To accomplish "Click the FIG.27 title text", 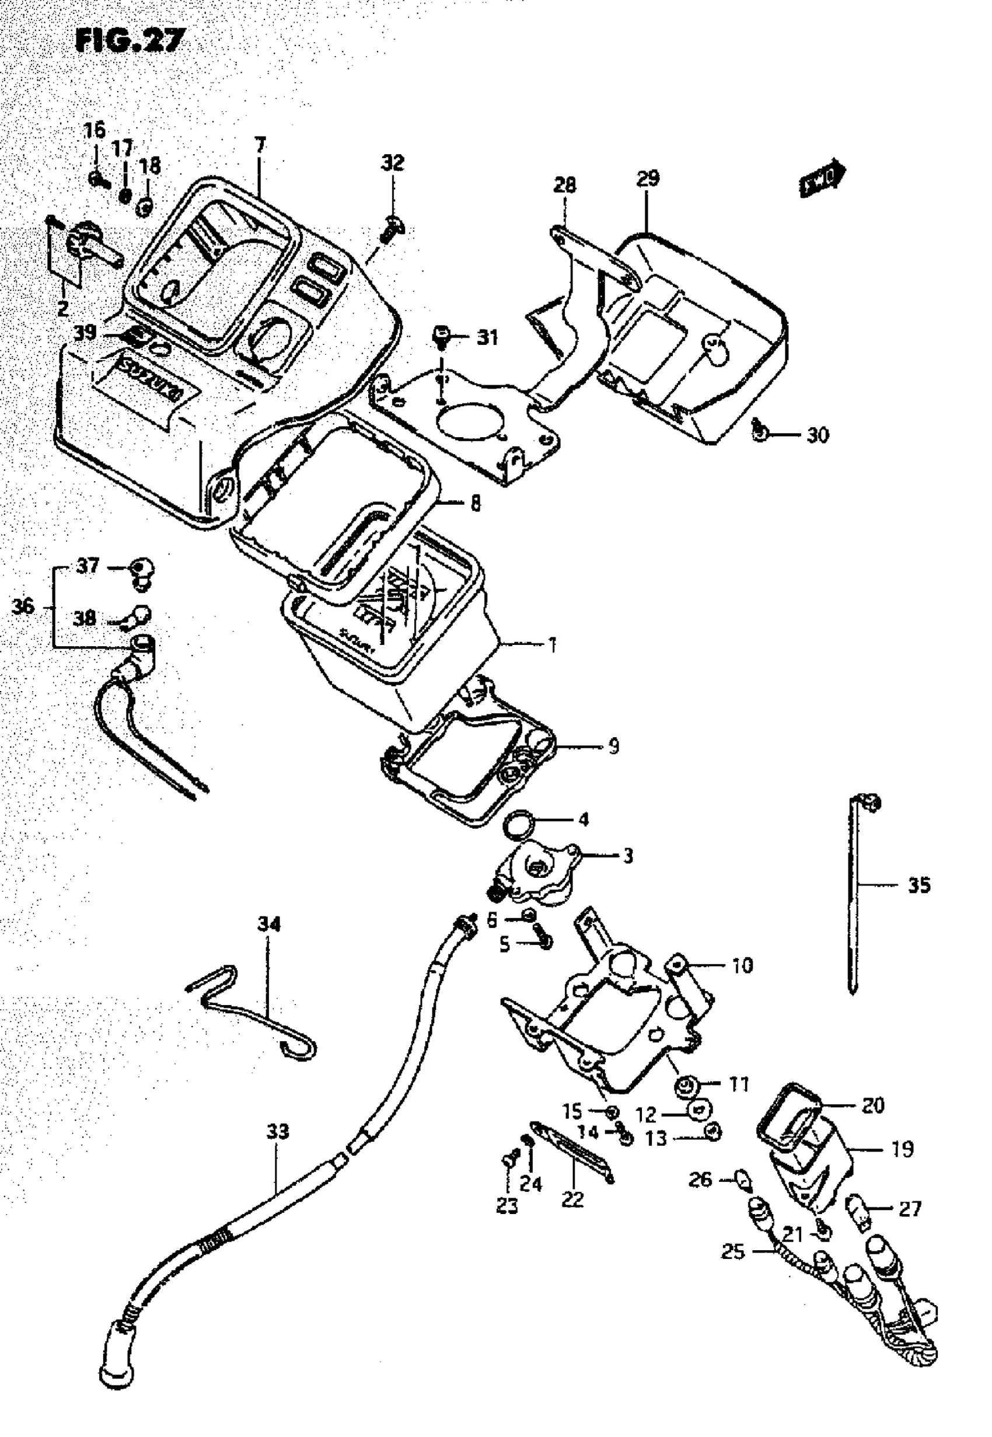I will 130,41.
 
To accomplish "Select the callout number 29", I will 648,179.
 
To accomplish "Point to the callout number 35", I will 919,885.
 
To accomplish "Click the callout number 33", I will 278,1132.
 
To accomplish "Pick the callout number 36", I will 23,605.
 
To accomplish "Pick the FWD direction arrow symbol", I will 822,181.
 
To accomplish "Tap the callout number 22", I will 572,1199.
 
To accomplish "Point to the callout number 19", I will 903,1149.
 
